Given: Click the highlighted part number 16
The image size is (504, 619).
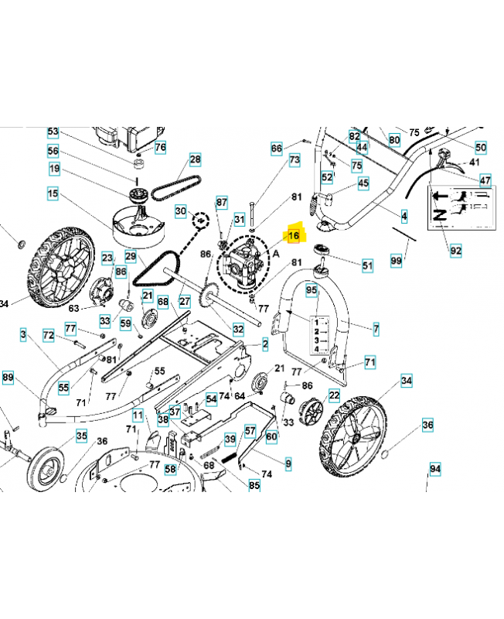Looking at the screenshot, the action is pyautogui.click(x=294, y=236).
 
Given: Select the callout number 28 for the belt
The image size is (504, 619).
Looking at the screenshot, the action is pyautogui.click(x=196, y=160).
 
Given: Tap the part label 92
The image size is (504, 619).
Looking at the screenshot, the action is pyautogui.click(x=455, y=251).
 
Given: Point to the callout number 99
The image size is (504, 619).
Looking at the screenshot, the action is pyautogui.click(x=396, y=261).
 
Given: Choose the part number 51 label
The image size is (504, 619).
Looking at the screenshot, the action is pyautogui.click(x=367, y=265).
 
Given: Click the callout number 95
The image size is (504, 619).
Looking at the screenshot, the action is pyautogui.click(x=312, y=291).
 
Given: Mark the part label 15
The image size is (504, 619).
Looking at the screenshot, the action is pyautogui.click(x=53, y=194).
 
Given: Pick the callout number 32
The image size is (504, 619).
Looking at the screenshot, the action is pyautogui.click(x=238, y=329).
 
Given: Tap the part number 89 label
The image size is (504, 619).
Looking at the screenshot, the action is pyautogui.click(x=8, y=378).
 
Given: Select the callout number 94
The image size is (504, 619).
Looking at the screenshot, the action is pyautogui.click(x=435, y=469).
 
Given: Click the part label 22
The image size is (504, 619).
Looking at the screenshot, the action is pyautogui.click(x=334, y=395).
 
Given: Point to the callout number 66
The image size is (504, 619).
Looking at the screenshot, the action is pyautogui.click(x=277, y=149).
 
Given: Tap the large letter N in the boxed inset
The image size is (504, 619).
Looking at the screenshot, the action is pyautogui.click(x=439, y=215).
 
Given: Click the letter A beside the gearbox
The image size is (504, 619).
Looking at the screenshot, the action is pyautogui.click(x=276, y=254).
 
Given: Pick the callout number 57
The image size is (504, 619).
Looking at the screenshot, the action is pyautogui.click(x=250, y=430).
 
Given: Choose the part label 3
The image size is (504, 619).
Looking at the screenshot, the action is pyautogui.click(x=23, y=335).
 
